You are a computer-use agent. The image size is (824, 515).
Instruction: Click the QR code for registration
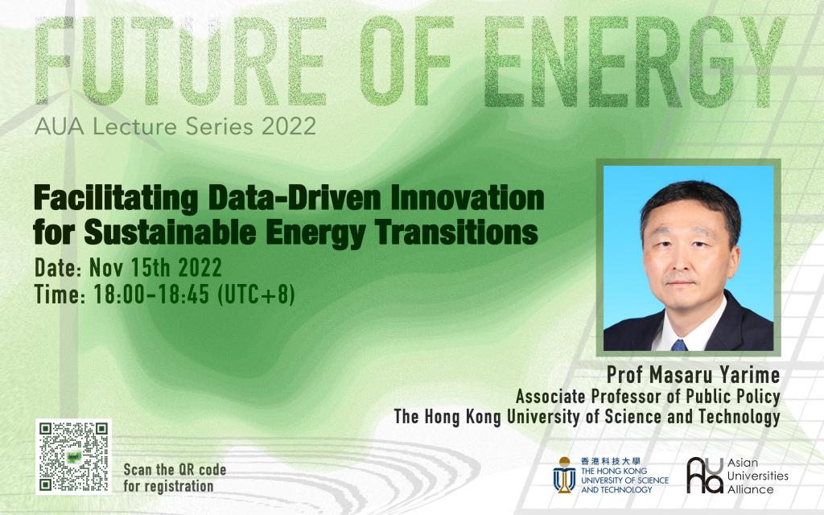73,457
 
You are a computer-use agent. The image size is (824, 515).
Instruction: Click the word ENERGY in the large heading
634,61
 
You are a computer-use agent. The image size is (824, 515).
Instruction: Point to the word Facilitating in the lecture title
116,198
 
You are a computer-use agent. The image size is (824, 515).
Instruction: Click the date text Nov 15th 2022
155,267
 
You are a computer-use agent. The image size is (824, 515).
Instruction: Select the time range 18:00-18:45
152,295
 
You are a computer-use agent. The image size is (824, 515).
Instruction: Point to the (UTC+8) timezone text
256,295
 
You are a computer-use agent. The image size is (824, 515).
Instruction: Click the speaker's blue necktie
679,344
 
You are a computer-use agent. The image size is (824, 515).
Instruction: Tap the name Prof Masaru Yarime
693,375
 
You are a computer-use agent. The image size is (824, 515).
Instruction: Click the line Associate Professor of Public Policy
648,396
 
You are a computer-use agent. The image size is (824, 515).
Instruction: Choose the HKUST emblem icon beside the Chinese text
564,475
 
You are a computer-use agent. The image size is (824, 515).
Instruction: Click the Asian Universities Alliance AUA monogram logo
705,475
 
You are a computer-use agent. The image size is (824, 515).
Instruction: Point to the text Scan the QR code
175,469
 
